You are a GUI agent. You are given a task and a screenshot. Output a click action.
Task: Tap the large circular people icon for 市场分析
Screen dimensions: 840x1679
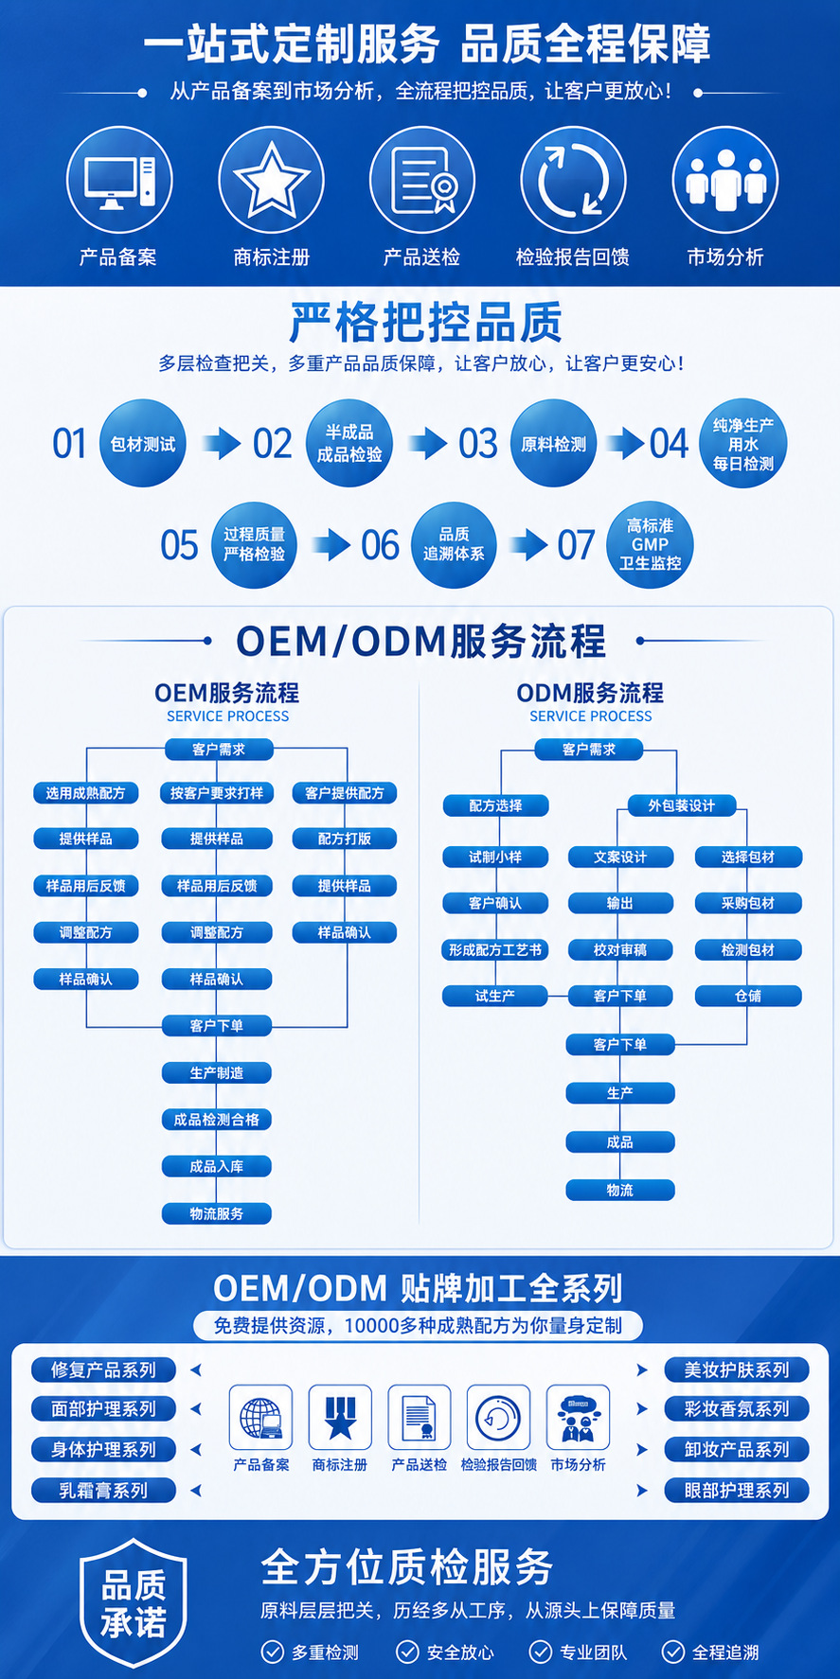(x=725, y=180)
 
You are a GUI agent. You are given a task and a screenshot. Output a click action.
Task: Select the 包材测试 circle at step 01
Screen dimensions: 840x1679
(x=143, y=444)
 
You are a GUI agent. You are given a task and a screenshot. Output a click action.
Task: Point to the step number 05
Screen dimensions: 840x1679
(x=179, y=545)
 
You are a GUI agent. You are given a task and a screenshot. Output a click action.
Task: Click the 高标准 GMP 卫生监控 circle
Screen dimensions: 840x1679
(x=650, y=545)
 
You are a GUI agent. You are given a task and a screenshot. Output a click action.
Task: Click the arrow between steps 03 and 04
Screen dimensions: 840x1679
(x=625, y=443)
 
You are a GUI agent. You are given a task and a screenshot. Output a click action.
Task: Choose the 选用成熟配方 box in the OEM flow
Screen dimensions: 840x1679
(x=86, y=793)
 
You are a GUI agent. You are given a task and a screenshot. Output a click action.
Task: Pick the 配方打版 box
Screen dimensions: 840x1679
(x=345, y=839)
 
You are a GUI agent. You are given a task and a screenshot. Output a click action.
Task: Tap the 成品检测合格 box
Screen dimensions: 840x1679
(x=217, y=1120)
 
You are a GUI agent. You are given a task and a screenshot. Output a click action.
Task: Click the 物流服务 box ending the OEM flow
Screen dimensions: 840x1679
(x=217, y=1213)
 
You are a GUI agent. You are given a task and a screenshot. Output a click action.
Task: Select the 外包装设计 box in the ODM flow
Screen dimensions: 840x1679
(x=682, y=805)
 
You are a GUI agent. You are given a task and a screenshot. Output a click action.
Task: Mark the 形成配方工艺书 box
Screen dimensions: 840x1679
(x=495, y=949)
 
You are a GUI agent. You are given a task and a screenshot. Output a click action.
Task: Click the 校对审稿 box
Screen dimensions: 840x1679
(x=620, y=949)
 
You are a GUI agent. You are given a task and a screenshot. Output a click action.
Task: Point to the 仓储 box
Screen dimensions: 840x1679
(x=748, y=996)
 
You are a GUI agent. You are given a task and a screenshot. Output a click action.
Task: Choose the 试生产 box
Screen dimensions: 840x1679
(x=495, y=996)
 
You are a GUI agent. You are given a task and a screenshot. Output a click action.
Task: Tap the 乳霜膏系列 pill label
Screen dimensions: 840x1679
(x=103, y=1491)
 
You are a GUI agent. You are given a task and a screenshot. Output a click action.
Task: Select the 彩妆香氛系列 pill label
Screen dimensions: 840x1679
(x=737, y=1408)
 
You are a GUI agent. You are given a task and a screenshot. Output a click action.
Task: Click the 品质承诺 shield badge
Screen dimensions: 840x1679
(x=134, y=1603)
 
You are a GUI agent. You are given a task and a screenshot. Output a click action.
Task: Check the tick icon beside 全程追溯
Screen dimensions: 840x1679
(x=673, y=1652)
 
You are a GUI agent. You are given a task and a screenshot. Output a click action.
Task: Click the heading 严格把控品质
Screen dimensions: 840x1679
(x=426, y=322)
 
